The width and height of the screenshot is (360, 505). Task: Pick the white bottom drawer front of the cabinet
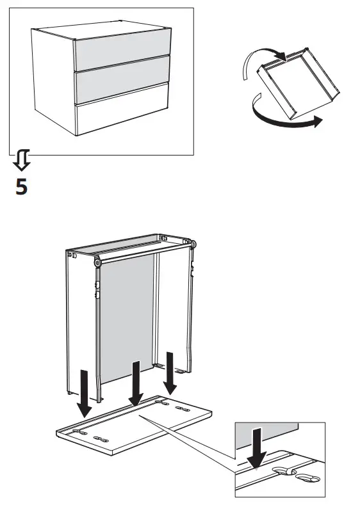tap(122, 116)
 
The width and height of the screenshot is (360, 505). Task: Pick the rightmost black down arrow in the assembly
tap(170, 372)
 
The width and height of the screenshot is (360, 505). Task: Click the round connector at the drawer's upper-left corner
tap(97, 263)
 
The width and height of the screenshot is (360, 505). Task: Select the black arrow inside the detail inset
tap(258, 448)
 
